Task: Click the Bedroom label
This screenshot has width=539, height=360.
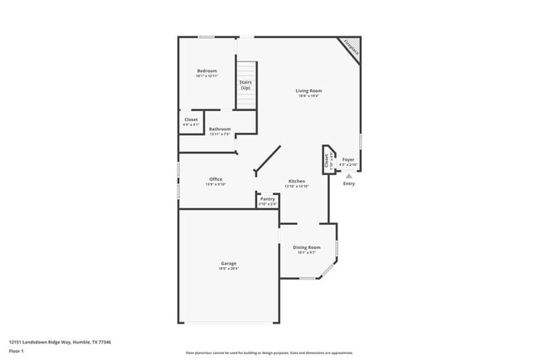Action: [206, 71]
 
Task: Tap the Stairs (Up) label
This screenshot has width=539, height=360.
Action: [245, 85]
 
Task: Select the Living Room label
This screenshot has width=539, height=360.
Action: [308, 90]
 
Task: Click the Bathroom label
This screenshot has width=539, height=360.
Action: [220, 129]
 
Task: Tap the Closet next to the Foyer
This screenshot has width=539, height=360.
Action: [328, 159]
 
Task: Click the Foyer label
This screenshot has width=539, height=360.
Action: [348, 159]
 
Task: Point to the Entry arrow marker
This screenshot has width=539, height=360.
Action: [349, 176]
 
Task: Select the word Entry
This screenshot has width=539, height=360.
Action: [349, 183]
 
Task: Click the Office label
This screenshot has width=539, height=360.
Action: [216, 179]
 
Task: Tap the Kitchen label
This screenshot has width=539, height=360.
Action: [297, 181]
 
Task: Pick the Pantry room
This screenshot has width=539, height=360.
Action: [267, 200]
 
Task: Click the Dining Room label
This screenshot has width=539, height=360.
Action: [307, 247]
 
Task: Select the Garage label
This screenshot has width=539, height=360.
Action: [228, 263]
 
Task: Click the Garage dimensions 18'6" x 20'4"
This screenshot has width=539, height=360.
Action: [228, 269]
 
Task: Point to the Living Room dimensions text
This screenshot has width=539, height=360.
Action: [308, 96]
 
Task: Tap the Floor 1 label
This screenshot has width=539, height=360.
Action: [17, 351]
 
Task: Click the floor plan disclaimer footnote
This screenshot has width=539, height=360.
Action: [269, 353]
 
